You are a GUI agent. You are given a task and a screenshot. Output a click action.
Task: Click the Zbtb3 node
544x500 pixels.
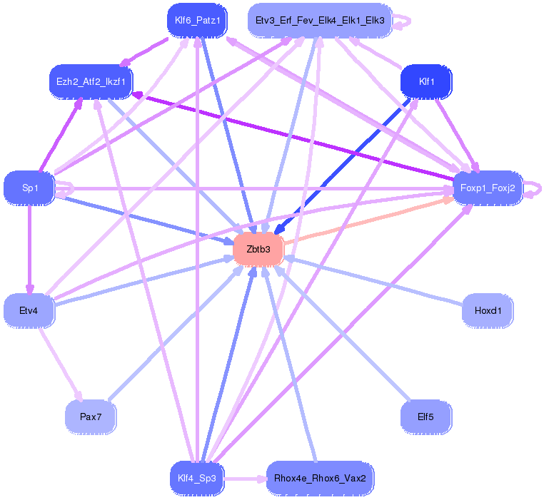258,250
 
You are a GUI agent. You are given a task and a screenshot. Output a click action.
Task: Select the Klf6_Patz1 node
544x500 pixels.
196,21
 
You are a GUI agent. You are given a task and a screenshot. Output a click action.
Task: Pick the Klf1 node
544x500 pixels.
427,81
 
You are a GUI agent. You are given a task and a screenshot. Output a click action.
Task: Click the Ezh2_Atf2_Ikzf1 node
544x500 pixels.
91,81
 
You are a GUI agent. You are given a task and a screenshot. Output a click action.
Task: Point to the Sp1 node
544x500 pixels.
29,188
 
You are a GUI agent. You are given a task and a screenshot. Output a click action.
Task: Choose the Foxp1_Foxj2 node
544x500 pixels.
488,188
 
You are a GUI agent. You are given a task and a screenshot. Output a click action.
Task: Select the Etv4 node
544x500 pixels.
29,311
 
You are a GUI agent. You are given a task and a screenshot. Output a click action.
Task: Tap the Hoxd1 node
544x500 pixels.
488,311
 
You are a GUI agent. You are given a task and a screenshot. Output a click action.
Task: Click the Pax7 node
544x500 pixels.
90,417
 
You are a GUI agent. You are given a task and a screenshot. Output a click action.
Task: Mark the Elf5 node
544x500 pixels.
426,417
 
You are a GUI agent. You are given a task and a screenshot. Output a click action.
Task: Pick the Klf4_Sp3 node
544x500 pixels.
197,477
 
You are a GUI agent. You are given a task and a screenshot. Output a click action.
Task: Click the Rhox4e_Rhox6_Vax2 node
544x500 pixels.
319,477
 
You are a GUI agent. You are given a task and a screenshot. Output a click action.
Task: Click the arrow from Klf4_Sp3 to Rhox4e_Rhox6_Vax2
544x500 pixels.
246,478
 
